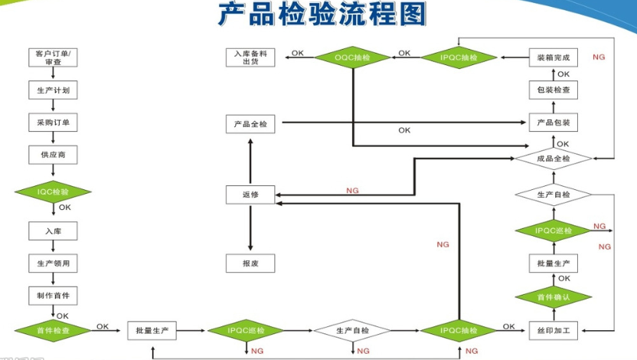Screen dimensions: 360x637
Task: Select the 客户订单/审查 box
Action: pos(54,57)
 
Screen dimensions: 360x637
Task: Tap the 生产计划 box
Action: pos(54,90)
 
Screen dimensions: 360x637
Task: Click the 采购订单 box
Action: pos(54,123)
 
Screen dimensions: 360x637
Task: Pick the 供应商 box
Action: pos(54,155)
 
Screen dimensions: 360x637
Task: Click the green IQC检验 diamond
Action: pos(54,191)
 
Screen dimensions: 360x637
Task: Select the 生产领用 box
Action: pos(54,263)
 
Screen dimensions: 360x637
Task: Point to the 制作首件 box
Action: pos(54,295)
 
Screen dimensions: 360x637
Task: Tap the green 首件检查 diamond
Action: pos(54,331)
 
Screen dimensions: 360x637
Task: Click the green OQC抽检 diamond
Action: pos(352,57)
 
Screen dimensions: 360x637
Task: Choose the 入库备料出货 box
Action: pos(250,57)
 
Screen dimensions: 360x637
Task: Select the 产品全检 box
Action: pos(250,123)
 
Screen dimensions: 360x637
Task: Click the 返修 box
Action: pos(250,195)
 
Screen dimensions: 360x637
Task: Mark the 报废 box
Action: pos(250,263)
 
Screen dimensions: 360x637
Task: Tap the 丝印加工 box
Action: pos(552,331)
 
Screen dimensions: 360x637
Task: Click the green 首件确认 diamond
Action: pos(552,296)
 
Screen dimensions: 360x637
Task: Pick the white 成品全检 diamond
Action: pos(552,159)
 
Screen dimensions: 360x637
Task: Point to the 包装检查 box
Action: pos(552,90)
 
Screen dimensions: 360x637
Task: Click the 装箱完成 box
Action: pos(552,57)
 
